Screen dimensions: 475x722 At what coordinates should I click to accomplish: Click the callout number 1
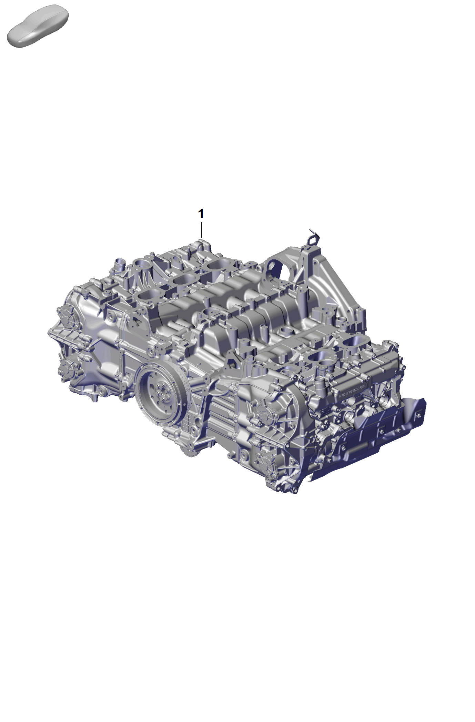[x=201, y=214]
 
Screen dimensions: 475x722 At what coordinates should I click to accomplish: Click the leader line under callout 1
[x=201, y=231]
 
